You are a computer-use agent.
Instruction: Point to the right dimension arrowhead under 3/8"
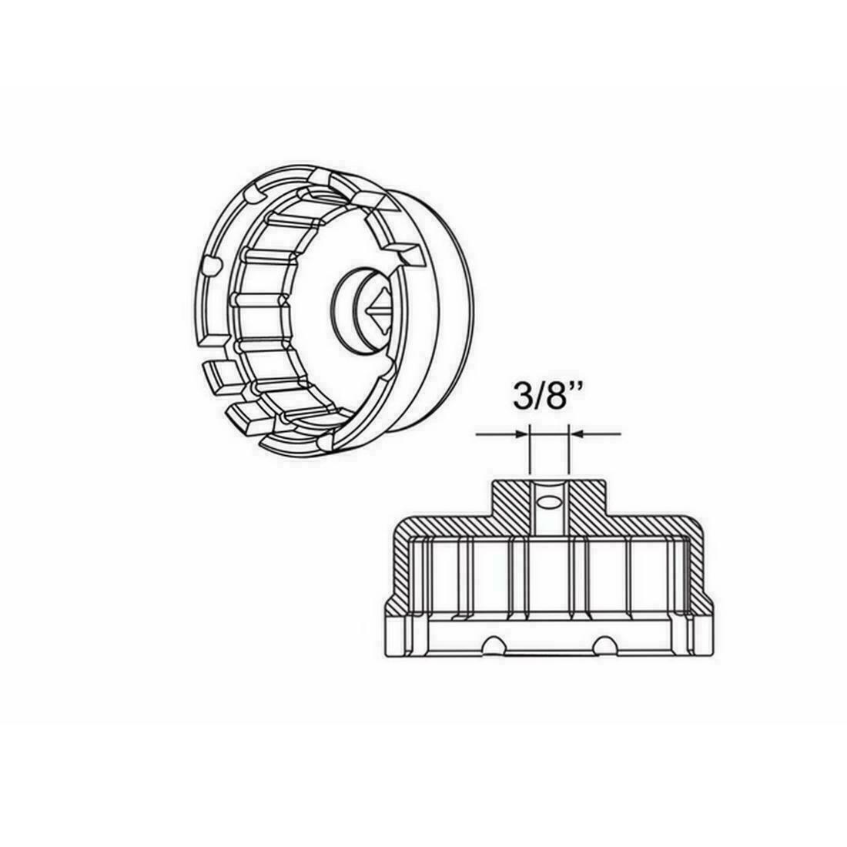pos(577,434)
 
